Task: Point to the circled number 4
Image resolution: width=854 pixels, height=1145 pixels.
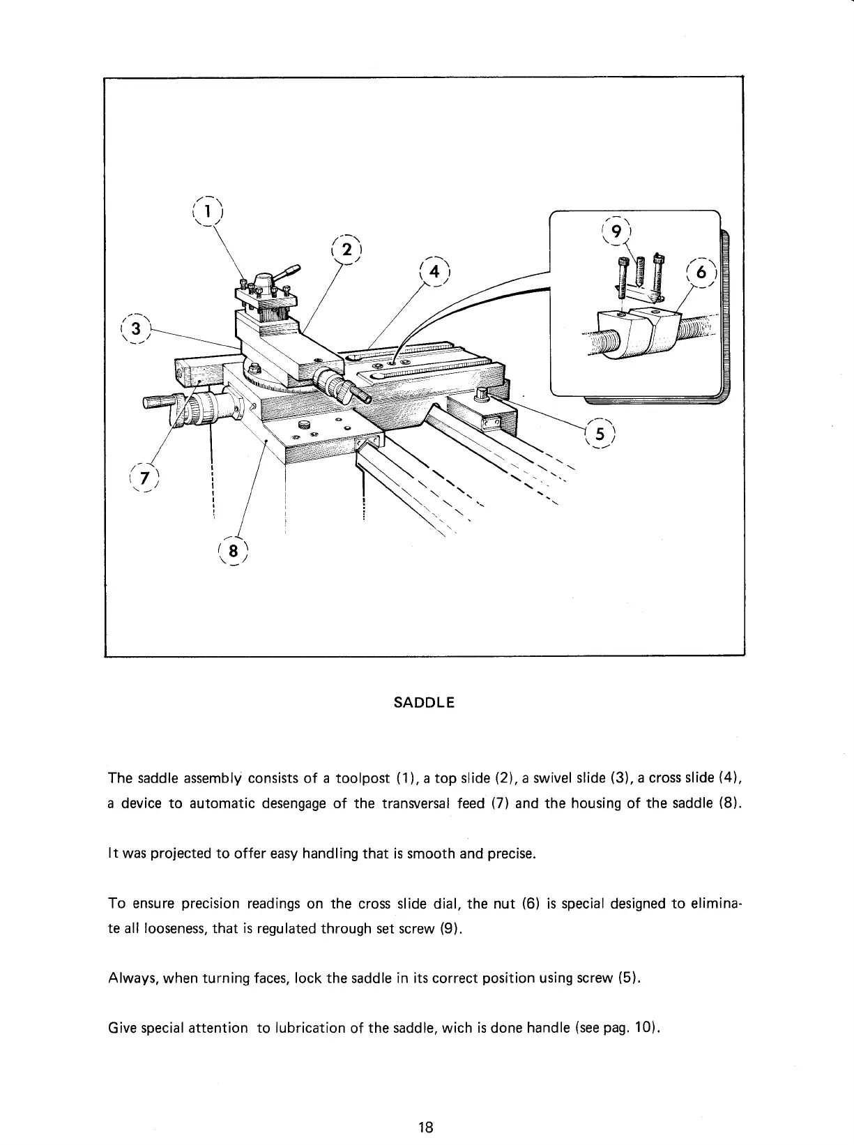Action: tap(435, 272)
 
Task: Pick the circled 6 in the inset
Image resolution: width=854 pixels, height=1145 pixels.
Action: tap(701, 273)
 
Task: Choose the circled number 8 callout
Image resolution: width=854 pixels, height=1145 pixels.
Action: tap(234, 550)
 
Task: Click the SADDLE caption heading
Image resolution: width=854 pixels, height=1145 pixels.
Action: tap(424, 702)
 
